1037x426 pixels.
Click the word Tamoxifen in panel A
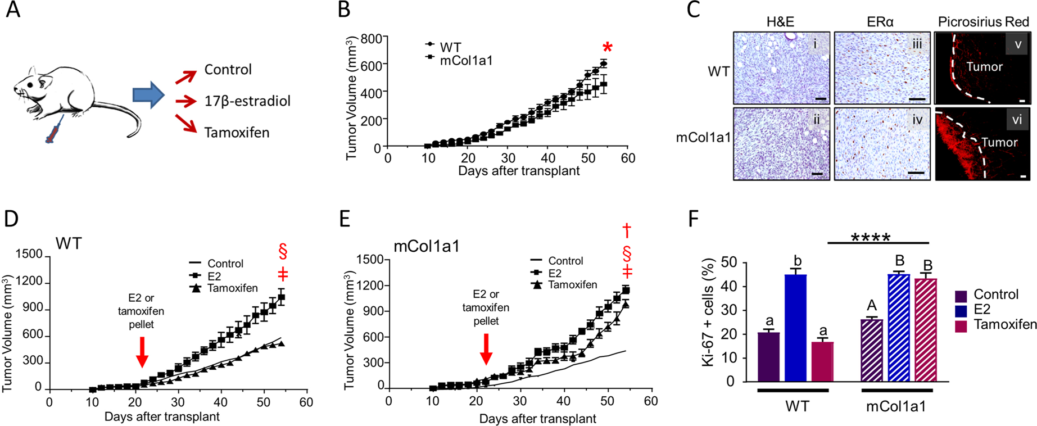point(237,133)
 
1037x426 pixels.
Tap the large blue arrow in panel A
point(148,95)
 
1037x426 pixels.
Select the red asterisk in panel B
point(606,48)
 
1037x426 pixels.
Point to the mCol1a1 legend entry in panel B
point(466,60)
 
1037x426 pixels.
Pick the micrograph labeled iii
point(881,68)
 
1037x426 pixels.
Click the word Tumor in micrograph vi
point(999,143)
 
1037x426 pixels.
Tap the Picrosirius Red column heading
point(983,22)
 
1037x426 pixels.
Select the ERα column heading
point(880,22)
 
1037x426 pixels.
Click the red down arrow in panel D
point(142,352)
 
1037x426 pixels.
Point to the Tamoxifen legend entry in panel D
point(232,288)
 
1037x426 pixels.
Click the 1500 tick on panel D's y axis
point(29,255)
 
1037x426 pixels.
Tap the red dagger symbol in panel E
point(627,230)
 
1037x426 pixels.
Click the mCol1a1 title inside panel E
point(428,246)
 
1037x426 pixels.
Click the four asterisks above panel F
point(870,237)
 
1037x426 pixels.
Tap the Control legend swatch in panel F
point(961,295)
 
